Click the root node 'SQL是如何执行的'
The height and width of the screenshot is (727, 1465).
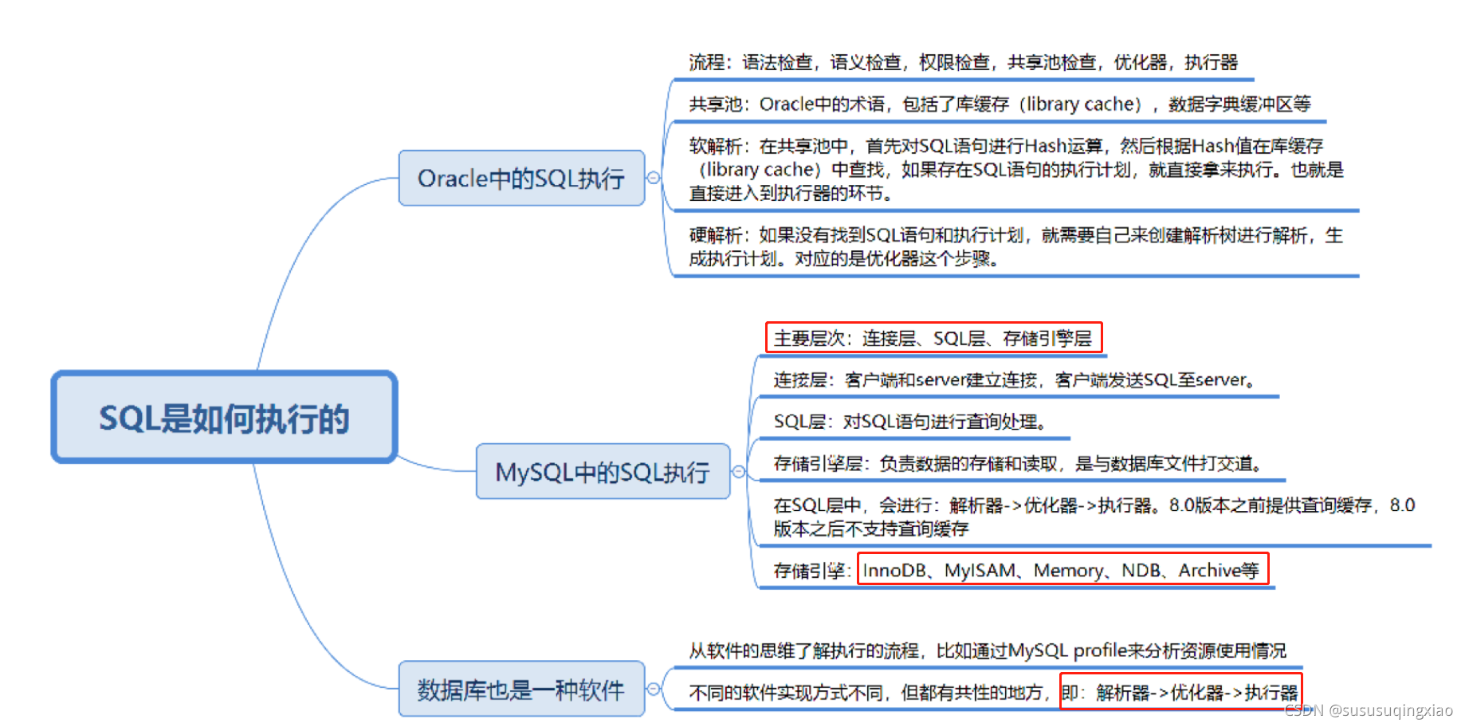click(224, 418)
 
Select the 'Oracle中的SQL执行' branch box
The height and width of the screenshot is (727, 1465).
click(521, 179)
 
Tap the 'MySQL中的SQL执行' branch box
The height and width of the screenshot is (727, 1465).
click(603, 472)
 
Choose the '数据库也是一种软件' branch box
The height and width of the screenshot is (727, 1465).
click(521, 690)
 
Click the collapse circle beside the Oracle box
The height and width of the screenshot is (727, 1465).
click(654, 178)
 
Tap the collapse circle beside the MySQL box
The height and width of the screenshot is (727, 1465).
click(739, 472)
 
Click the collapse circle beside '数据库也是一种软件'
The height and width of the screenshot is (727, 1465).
click(654, 689)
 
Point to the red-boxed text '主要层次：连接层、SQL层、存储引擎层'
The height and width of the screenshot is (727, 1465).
click(933, 338)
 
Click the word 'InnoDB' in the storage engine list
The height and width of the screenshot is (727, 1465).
click(894, 571)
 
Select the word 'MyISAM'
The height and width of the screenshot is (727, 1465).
click(980, 571)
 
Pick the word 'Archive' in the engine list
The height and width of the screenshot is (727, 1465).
click(1209, 571)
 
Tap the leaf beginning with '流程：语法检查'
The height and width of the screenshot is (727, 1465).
click(963, 62)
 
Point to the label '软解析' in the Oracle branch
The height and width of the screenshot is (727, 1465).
click(715, 146)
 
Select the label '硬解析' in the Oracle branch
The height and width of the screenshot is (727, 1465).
click(715, 235)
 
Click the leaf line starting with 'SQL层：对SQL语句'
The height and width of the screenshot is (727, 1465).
click(909, 422)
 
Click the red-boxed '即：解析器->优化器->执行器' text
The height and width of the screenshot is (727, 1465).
click(1180, 693)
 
